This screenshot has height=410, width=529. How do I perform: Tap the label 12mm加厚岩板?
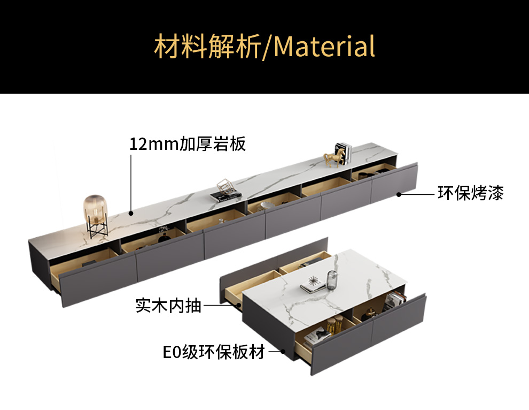pyautogui.click(x=188, y=144)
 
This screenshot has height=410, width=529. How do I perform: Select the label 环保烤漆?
pyautogui.click(x=470, y=193)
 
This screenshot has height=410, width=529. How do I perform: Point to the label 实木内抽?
pyautogui.click(x=168, y=306)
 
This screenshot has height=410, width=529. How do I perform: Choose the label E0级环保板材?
pyautogui.click(x=214, y=353)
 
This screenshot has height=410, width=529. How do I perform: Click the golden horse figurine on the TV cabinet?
pyautogui.click(x=333, y=158)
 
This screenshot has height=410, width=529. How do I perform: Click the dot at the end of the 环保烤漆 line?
pyautogui.click(x=399, y=195)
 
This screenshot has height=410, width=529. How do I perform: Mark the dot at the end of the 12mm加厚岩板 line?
pyautogui.click(x=131, y=213)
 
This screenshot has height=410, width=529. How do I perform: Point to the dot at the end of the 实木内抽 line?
pyautogui.click(x=238, y=306)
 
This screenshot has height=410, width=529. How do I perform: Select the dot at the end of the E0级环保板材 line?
pyautogui.click(x=284, y=352)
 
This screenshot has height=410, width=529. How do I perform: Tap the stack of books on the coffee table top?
pyautogui.click(x=312, y=287)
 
